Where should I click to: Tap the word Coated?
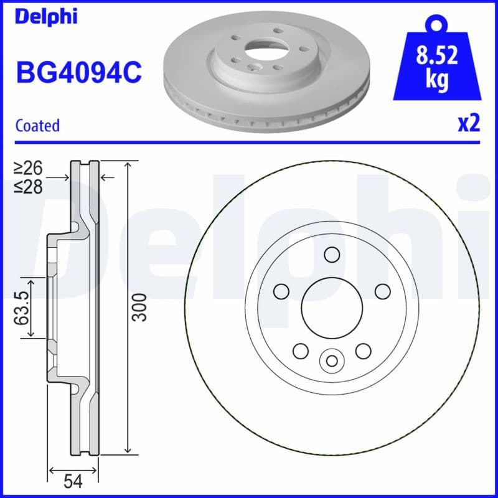pos(37,125)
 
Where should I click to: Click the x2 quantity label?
pos(468,124)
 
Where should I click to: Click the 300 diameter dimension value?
pos(141,307)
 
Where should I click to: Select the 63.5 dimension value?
pos(22,307)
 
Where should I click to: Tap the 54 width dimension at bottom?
pos(73,481)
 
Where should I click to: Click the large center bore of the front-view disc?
pos(331,306)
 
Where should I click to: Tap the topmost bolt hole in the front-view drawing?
pos(331,254)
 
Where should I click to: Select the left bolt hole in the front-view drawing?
pos(281,291)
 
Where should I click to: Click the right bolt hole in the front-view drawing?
pos(382,291)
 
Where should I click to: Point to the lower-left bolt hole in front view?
pos(300,350)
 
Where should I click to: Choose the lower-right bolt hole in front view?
pos(363,350)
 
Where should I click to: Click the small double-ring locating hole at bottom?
pos(331,360)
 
